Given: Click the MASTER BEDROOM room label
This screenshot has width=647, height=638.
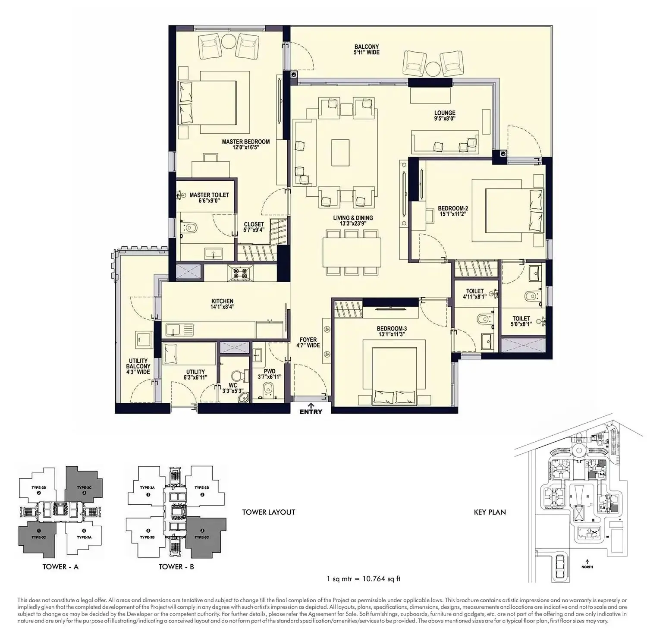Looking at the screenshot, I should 246,145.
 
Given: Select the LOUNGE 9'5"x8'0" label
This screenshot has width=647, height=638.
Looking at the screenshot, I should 445,116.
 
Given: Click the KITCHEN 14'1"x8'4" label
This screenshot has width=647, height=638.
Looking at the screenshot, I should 222,304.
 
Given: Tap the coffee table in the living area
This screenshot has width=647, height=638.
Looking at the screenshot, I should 340,152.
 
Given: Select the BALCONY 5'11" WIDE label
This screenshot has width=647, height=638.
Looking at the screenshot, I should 367,50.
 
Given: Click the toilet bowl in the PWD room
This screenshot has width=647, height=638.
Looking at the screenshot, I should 269,387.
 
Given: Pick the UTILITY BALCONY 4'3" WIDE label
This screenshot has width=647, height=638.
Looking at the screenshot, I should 138,366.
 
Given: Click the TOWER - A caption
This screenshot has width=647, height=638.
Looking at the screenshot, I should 60,566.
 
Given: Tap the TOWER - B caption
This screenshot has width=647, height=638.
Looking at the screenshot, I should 176,566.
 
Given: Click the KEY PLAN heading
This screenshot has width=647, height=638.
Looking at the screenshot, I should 490,512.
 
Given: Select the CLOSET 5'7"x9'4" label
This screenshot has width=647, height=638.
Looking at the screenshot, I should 254,227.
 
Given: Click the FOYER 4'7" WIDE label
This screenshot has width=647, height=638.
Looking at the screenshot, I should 308,343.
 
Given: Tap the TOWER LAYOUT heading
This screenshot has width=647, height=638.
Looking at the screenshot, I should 268,512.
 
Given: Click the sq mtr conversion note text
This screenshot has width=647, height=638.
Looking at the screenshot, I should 364,578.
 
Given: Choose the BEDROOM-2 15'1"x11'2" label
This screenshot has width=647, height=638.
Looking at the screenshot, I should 452,211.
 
